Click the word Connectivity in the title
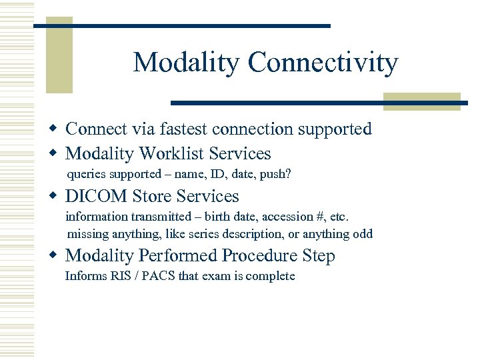tap(323, 63)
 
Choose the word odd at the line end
tap(363, 234)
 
